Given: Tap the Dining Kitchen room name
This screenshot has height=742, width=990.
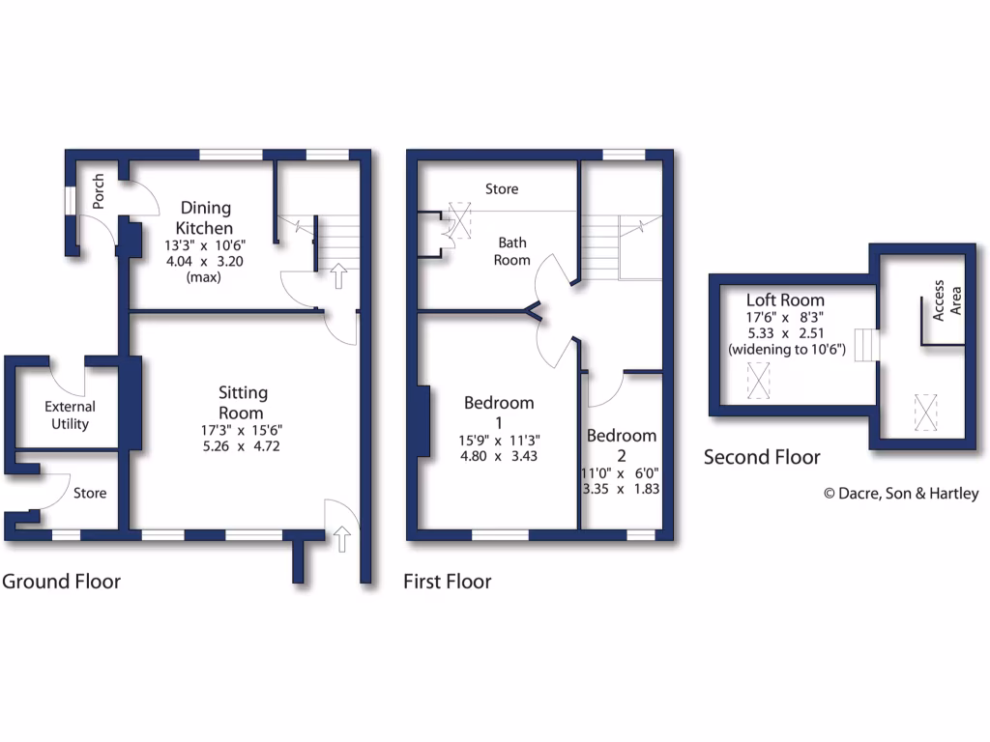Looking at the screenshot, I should coord(206,217).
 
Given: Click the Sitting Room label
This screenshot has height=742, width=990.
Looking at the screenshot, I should coord(243,402).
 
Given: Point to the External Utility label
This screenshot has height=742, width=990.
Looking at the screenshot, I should coord(70,415).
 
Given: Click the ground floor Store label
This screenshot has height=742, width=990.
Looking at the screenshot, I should coord(90,494).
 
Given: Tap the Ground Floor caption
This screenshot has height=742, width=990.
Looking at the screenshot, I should coord(61,582).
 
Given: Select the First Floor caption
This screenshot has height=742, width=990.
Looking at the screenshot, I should coord(447,582).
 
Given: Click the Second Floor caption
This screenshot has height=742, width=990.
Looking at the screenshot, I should coord(762,457).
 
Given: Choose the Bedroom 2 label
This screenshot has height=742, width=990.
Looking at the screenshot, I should coord(621,444).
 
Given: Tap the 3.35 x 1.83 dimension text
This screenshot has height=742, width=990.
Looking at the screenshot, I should coord(621,489).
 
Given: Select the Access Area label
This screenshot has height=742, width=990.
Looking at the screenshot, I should coord(946,303).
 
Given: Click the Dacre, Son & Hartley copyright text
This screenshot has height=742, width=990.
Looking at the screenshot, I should coord(900,494).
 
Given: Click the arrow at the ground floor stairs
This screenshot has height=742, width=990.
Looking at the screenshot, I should coord(337,277).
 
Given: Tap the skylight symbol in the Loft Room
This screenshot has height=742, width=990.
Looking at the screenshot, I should coord(760,380).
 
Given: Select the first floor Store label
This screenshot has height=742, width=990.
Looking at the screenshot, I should coord(502,189).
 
